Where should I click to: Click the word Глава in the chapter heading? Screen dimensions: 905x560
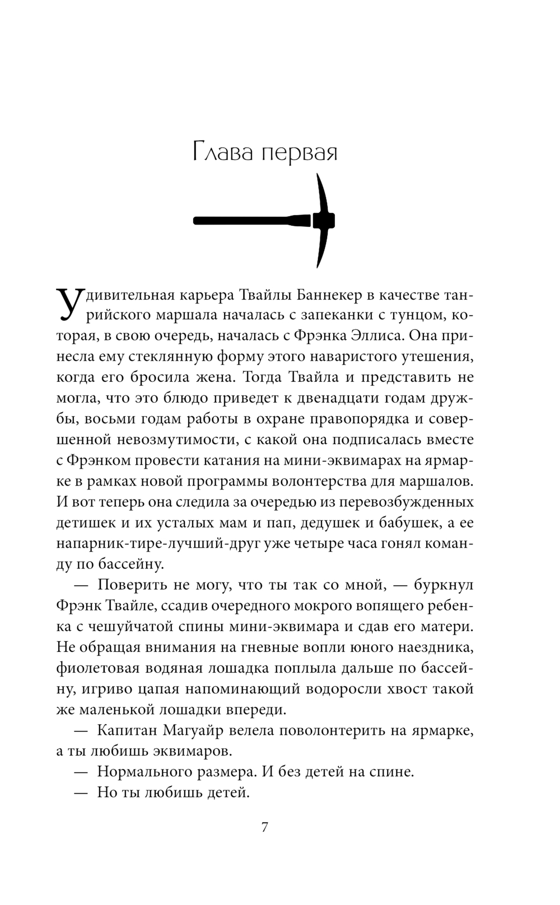pyautogui.click(x=224, y=152)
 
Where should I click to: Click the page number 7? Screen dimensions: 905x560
pyautogui.click(x=265, y=827)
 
